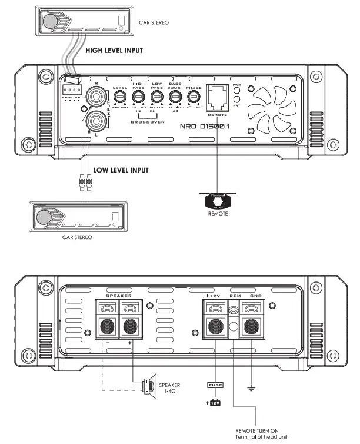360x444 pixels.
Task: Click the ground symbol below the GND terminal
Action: pos(252,387)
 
